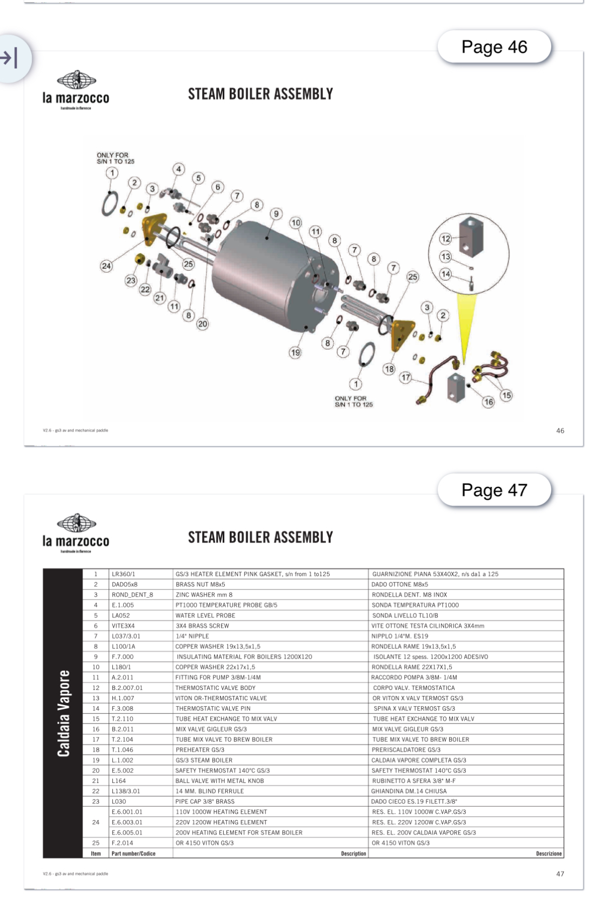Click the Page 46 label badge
[494, 48]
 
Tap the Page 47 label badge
[494, 490]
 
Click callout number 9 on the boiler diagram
[276, 214]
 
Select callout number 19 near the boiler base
[295, 353]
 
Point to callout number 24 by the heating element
[106, 265]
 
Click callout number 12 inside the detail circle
[445, 239]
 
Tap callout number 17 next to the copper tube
[405, 377]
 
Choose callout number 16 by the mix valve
[488, 402]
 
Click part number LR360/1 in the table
[123, 574]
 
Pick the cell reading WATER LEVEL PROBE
[205, 615]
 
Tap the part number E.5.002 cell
[123, 770]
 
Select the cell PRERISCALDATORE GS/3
[406, 750]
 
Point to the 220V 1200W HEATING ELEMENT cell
[221, 822]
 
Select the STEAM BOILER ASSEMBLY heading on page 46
[260, 94]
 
